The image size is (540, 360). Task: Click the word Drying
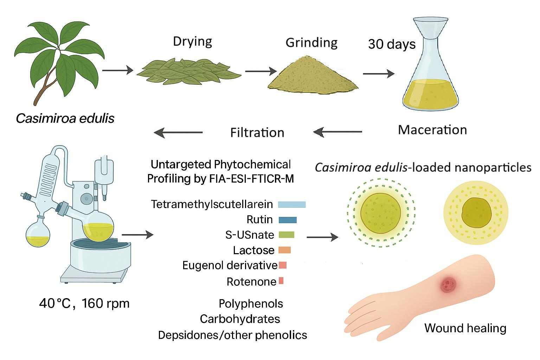pos(192,42)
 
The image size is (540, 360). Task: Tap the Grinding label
pos(311,43)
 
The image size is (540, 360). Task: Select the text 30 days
pos(392,44)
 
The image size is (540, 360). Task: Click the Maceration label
pos(432,130)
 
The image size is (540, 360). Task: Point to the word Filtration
pos(257,133)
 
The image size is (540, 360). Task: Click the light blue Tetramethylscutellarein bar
pos(292,205)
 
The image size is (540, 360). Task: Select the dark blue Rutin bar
pos(288,220)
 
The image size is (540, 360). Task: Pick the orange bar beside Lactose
pos(284,250)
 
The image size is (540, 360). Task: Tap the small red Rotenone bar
pos(281,281)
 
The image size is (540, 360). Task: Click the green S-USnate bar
pos(287,235)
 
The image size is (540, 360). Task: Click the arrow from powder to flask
pos(379,73)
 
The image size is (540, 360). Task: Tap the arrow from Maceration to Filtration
pos(337,132)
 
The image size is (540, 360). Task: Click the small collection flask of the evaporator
pos(38,232)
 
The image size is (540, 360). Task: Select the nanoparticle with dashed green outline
pos(381,213)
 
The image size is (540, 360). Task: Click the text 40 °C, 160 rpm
pos(84,304)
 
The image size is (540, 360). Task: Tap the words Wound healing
pos(465,328)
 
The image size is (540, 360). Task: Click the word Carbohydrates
pos(240,319)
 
